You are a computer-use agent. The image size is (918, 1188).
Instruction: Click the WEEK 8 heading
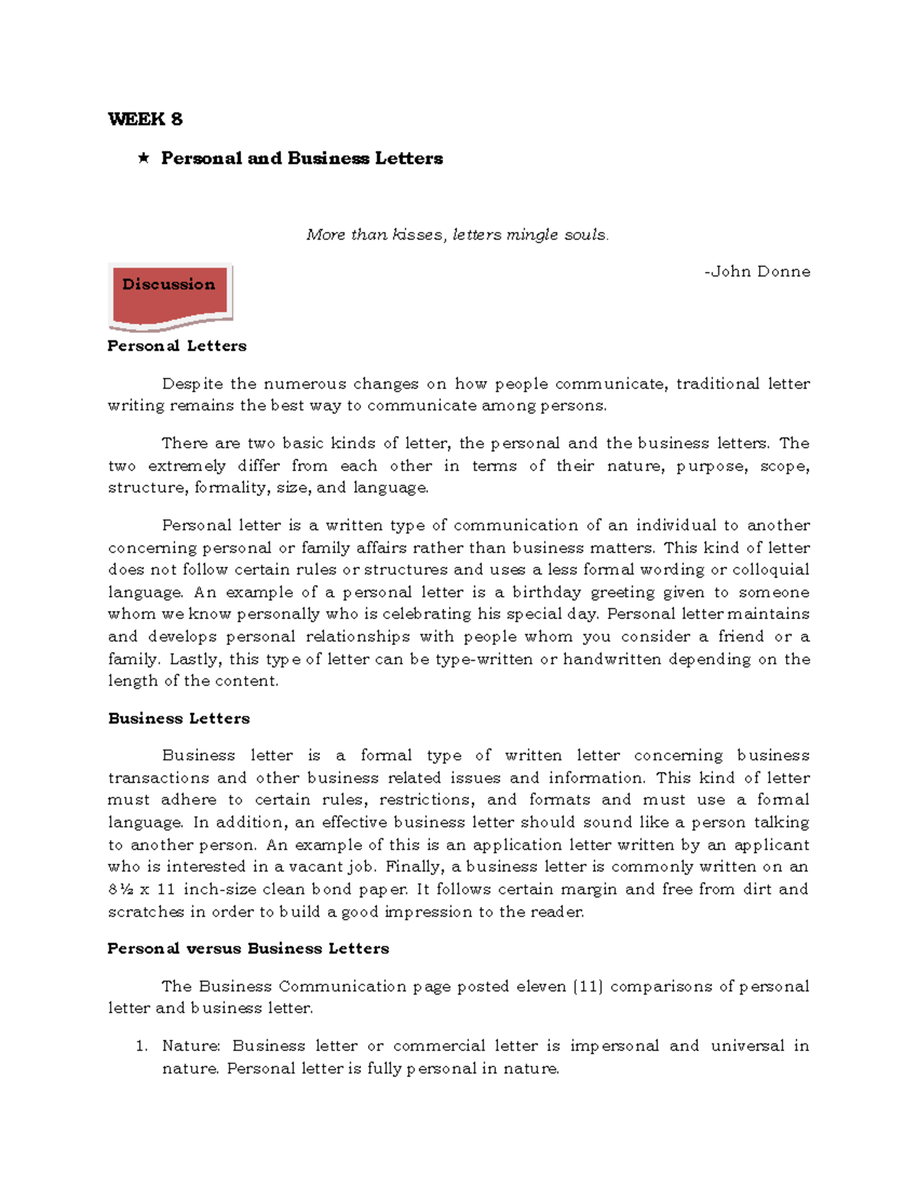[x=145, y=119]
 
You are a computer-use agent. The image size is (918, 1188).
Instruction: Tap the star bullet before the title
[x=143, y=158]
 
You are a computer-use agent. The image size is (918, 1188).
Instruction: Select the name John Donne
[x=760, y=272]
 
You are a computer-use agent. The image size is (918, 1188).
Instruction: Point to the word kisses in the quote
[x=418, y=235]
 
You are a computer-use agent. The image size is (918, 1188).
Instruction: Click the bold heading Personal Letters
[x=177, y=346]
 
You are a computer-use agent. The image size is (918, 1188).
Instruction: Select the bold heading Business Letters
[x=179, y=718]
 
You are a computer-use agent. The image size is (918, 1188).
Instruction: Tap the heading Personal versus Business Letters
[x=248, y=949]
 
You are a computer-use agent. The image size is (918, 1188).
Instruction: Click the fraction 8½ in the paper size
[x=121, y=890]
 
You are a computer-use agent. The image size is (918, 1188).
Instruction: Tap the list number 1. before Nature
[x=142, y=1046]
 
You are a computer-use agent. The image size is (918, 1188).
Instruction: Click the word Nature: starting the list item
[x=191, y=1046]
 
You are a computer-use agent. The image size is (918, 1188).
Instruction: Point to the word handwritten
[x=612, y=659]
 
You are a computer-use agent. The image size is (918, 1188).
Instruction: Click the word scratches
[x=146, y=912]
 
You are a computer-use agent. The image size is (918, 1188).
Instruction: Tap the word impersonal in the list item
[x=614, y=1046]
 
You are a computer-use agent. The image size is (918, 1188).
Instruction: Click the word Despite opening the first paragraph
[x=193, y=383]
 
